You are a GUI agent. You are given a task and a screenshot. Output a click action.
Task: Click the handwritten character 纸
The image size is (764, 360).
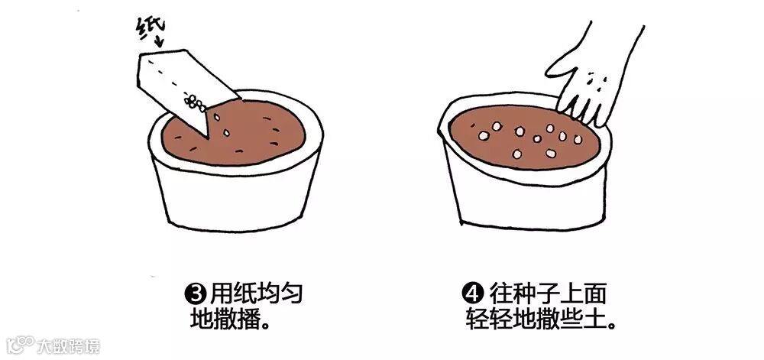[150, 28]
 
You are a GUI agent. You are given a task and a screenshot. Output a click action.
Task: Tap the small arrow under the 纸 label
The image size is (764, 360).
[160, 41]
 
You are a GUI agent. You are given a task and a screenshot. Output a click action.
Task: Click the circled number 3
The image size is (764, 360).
[194, 294]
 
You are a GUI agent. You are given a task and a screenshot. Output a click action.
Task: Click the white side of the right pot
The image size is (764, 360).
[531, 199]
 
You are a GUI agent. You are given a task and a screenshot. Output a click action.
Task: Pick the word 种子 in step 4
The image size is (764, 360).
[535, 294]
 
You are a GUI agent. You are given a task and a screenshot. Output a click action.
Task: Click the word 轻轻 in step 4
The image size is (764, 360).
[490, 318]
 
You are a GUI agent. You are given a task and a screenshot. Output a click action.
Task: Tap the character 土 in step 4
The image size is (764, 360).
[596, 318]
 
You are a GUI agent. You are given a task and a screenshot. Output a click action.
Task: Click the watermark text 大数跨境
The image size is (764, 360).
[69, 346]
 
